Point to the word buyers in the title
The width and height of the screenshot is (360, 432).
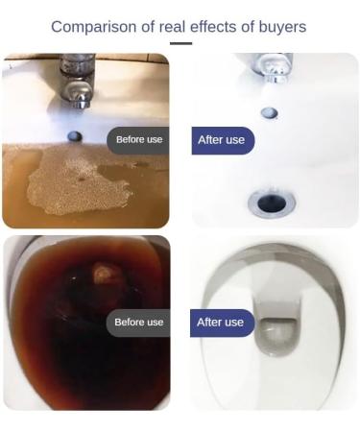(x=283, y=27)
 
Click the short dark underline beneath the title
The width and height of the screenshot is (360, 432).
(x=180, y=43)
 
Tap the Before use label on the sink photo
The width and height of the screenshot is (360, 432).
(x=139, y=140)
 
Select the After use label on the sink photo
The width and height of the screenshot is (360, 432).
(x=222, y=140)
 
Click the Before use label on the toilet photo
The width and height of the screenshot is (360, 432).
(x=139, y=322)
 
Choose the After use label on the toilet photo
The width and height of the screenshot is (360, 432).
(x=222, y=322)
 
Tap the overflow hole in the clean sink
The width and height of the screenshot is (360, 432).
(x=270, y=112)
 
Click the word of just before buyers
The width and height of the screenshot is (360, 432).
(x=250, y=27)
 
